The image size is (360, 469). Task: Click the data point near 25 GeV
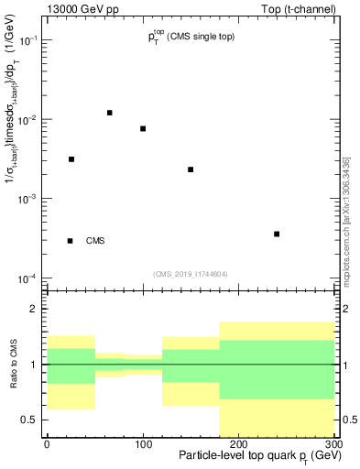point(71,159)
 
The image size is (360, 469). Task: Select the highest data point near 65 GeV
point(109,113)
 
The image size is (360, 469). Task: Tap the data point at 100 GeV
point(143,128)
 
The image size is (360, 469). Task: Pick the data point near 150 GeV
point(191,169)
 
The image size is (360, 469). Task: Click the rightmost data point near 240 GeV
point(277,234)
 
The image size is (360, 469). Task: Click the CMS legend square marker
point(71,241)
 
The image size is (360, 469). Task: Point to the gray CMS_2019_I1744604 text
point(191,273)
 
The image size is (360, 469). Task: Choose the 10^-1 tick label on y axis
point(29,41)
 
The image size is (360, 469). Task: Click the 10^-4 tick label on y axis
point(29,278)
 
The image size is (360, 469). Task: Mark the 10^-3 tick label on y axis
point(29,200)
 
